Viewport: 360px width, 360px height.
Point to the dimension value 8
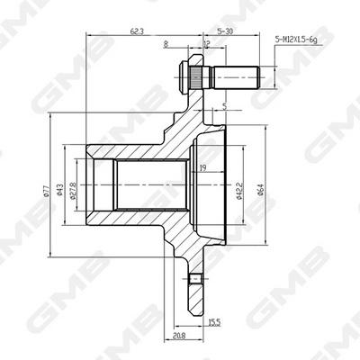(x=166, y=43)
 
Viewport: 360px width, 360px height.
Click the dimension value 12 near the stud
(x=207, y=43)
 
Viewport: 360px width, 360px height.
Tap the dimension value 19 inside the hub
(x=202, y=167)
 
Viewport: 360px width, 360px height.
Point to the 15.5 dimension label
(x=213, y=321)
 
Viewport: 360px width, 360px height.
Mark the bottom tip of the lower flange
(x=197, y=309)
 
